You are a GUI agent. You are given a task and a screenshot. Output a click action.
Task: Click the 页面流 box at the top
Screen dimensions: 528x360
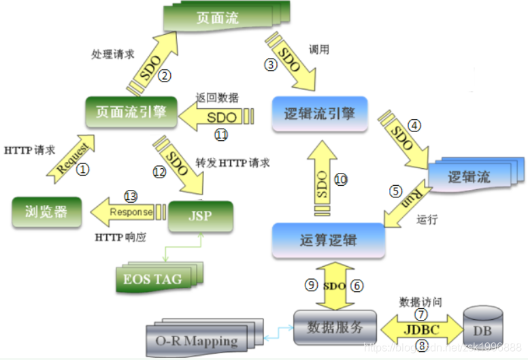tap(222, 18)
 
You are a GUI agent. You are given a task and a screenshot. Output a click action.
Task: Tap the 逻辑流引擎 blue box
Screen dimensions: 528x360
tap(318, 113)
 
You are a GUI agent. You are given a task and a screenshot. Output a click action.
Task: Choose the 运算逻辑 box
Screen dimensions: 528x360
tap(327, 240)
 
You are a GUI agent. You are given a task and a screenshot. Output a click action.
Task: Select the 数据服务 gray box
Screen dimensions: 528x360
tap(335, 327)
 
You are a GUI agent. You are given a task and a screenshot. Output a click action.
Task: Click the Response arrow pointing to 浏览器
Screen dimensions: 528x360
tap(130, 212)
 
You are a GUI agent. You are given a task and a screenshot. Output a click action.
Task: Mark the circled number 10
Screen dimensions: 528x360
tap(340, 179)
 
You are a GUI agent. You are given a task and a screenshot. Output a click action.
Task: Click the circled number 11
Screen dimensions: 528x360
tap(221, 135)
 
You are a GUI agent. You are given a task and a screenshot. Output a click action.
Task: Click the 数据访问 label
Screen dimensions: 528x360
tap(420, 300)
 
